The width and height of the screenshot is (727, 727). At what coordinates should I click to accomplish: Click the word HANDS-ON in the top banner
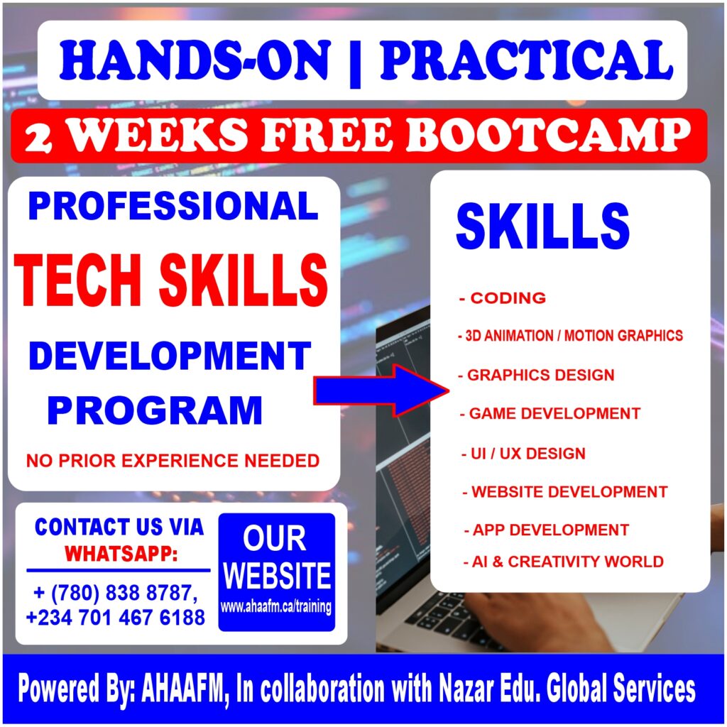pyautogui.click(x=195, y=60)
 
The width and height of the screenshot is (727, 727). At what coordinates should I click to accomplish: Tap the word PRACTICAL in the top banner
pyautogui.click(x=527, y=60)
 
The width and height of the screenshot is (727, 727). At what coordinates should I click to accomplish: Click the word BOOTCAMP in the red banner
pyautogui.click(x=549, y=135)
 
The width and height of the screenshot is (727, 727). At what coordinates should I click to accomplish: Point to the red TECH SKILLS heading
pyautogui.click(x=171, y=281)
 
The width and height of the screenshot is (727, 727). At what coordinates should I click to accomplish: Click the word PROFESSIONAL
pyautogui.click(x=173, y=206)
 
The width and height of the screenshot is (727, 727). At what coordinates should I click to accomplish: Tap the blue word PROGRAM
pyautogui.click(x=155, y=410)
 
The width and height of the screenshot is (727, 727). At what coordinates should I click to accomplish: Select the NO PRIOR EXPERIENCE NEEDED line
pyautogui.click(x=173, y=461)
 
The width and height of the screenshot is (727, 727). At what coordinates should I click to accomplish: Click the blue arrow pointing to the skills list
pyautogui.click(x=381, y=390)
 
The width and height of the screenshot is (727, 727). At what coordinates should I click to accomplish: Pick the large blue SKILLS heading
pyautogui.click(x=543, y=226)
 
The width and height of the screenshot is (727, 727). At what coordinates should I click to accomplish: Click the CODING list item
pyautogui.click(x=503, y=298)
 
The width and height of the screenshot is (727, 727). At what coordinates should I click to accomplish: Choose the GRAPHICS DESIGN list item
pyautogui.click(x=536, y=375)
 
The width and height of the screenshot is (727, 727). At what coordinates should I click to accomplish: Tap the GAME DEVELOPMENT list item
pyautogui.click(x=550, y=414)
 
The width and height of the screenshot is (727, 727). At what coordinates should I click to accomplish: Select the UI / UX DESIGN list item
pyautogui.click(x=523, y=454)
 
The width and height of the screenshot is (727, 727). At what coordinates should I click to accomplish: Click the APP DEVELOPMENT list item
pyautogui.click(x=547, y=530)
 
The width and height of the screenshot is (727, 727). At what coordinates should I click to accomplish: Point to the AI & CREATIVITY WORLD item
pyautogui.click(x=564, y=562)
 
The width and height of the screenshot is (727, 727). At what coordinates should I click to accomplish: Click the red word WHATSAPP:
pyautogui.click(x=121, y=554)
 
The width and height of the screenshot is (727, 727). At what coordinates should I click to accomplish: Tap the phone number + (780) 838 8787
pyautogui.click(x=116, y=594)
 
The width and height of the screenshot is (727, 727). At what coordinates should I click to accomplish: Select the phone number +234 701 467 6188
pyautogui.click(x=116, y=618)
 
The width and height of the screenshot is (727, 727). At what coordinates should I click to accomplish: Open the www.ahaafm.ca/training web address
pyautogui.click(x=276, y=607)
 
